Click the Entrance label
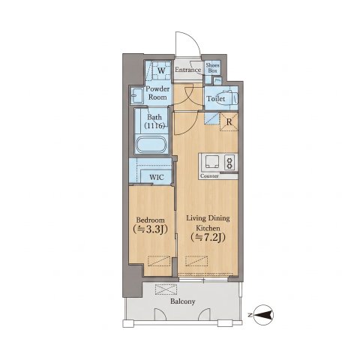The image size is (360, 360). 187,70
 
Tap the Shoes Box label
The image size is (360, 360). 212,68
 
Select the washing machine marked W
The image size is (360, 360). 161,70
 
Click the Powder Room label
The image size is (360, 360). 157,93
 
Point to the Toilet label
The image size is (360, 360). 216,99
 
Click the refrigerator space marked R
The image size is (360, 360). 229,122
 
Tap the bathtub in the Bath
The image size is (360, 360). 151,145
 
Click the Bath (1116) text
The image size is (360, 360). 154,121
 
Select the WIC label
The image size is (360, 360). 157,177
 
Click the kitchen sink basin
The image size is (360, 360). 212,162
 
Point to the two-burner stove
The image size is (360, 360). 230,162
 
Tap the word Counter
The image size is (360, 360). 209,176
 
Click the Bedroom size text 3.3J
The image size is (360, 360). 151,229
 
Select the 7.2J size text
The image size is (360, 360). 208,237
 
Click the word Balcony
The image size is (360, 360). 183,301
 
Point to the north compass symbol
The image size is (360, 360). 264,315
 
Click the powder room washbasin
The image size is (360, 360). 136,95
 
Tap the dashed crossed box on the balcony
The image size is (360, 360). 166,289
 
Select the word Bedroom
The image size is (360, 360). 151,220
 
